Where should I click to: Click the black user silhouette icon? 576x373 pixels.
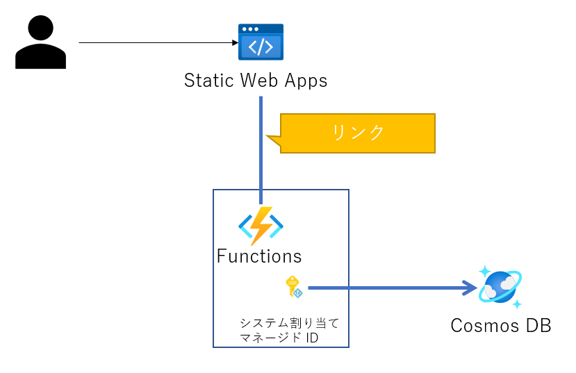point(40,44)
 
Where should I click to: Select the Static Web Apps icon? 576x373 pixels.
point(261,42)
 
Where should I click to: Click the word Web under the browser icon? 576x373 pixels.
point(260,81)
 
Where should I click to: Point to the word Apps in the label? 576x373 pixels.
point(305,81)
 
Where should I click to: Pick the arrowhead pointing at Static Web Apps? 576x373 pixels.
point(235,43)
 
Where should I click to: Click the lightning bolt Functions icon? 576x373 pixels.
point(261,225)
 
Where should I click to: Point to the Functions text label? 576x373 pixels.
point(259,256)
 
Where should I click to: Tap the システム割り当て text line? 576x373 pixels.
point(288,324)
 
